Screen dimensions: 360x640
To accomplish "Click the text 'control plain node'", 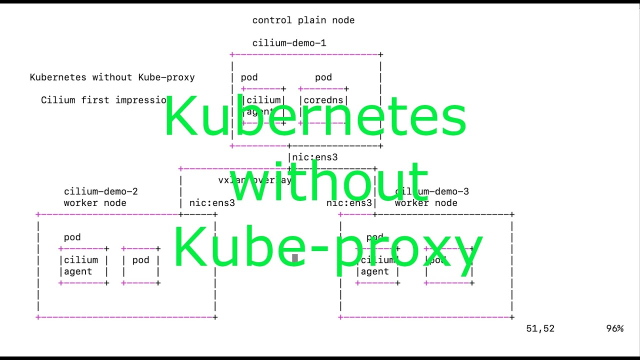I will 303,20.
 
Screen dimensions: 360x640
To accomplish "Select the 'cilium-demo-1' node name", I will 289,43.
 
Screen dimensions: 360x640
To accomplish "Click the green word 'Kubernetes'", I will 315,116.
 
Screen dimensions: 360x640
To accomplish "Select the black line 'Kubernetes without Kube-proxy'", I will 112,77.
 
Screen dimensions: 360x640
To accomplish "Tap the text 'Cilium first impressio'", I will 103,100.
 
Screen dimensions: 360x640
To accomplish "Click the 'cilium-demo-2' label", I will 100,191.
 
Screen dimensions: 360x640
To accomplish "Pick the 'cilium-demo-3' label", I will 432,191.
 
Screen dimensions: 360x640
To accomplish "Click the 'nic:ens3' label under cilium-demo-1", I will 315,157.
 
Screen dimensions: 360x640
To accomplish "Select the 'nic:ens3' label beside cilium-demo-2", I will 212,203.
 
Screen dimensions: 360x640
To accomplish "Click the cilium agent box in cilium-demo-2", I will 83,265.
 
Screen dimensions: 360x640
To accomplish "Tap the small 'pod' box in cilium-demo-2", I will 140,265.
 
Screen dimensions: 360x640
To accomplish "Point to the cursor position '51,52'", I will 540,328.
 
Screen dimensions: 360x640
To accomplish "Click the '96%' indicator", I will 614,328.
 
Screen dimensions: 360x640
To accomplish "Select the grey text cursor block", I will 295,258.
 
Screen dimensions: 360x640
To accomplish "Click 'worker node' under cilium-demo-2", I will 95,203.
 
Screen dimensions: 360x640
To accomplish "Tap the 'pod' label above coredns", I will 323,77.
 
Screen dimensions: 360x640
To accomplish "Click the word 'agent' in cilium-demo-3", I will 374,271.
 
